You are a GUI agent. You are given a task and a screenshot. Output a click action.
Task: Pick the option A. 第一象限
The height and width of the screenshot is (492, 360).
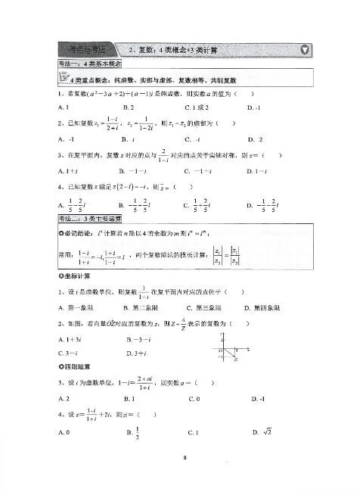76,308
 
